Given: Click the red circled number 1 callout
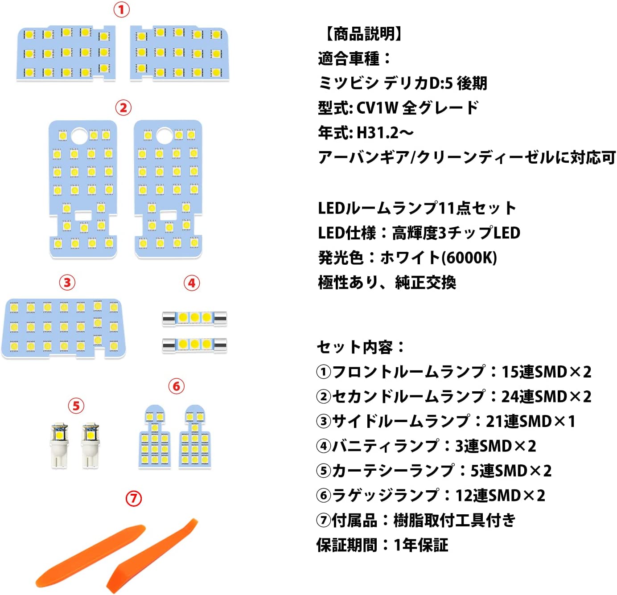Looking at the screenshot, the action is (121, 10).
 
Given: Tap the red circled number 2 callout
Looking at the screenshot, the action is (123, 108).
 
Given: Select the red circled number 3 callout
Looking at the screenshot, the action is (67, 283).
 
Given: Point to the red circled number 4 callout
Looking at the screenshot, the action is (192, 283).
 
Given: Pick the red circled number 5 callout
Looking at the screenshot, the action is (76, 406).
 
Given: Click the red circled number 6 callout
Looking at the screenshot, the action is (176, 386).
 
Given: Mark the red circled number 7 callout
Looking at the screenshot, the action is (133, 498).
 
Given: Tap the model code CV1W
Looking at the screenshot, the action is (377, 108).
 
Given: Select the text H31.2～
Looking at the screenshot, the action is (385, 132).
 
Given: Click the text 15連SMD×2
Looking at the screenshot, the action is (546, 372).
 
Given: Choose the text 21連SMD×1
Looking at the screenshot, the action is (531, 421).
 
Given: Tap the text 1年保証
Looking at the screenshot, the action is (421, 545).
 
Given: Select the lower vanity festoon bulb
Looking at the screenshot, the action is (194, 345).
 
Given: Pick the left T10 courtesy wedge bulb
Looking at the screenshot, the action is (59, 445).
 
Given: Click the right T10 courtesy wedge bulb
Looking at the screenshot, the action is (90, 445).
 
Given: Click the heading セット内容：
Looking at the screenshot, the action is (361, 347).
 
